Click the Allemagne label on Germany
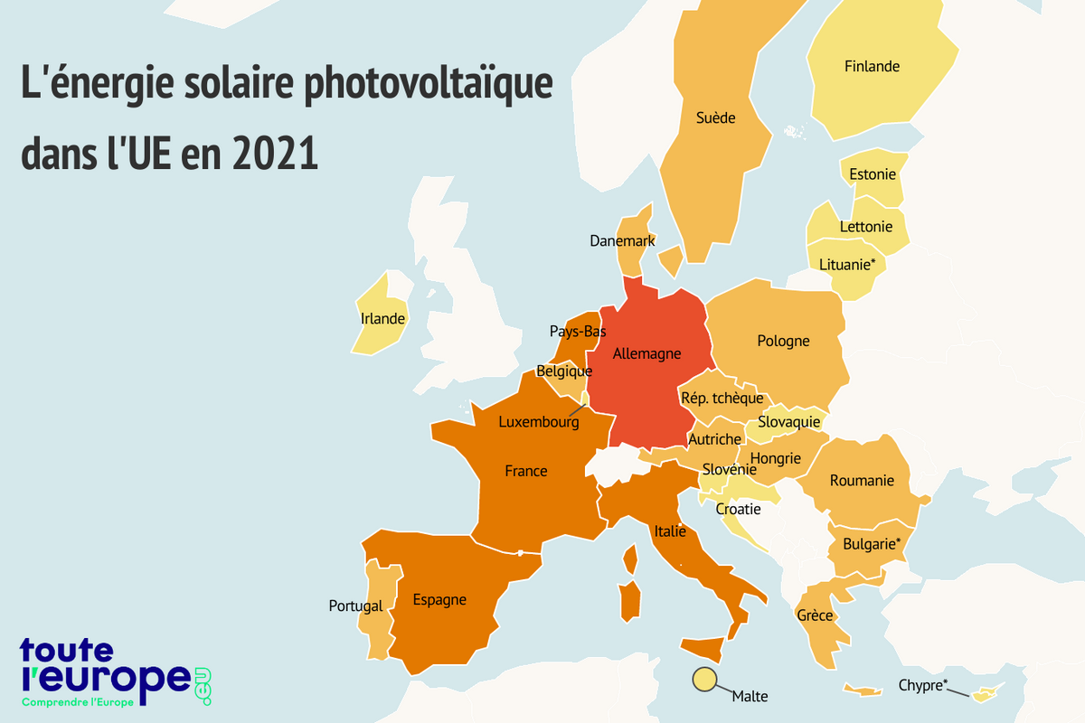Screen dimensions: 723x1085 [646, 353]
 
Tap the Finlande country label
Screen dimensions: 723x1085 [872, 66]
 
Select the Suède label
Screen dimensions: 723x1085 [715, 117]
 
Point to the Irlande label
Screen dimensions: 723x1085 [382, 319]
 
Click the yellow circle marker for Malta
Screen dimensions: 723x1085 [703, 681]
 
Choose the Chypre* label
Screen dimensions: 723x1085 [923, 685]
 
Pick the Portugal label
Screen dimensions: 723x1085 [355, 606]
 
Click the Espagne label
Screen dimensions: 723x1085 [439, 599]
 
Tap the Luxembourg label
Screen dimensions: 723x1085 [539, 421]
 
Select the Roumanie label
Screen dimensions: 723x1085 [862, 480]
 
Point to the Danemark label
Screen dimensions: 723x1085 [622, 241]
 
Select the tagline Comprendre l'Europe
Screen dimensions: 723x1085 [77, 702]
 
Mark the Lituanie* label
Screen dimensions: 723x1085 [847, 264]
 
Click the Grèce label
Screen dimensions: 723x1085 [815, 615]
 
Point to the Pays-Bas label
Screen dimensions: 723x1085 [578, 331]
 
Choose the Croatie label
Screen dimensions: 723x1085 [738, 509]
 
